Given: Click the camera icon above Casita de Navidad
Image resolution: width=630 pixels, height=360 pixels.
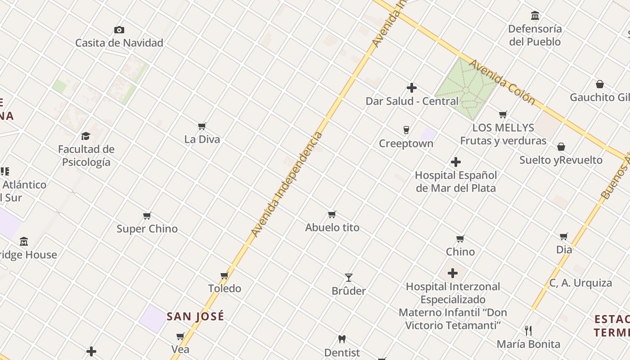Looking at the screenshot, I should coord(119,30).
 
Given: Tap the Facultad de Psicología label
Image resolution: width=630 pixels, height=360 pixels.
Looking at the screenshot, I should coord(86,156).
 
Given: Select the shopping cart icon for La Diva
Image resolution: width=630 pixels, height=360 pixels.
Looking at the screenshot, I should coord(202,126).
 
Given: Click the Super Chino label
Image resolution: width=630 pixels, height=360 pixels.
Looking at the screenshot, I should coord(147,229).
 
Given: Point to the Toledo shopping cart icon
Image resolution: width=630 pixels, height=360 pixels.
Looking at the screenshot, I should coord(225,275).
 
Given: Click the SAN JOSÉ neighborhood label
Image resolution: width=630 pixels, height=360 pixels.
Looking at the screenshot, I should coord(195,316).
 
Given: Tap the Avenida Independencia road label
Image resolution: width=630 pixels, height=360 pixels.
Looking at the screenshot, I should coord(287,184).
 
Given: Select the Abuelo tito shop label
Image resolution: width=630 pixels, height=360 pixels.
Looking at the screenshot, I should coord(332,228).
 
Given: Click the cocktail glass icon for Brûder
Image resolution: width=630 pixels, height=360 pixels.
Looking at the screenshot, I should coord(348,278).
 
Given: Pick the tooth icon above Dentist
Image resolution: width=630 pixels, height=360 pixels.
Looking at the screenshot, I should coord(342,339).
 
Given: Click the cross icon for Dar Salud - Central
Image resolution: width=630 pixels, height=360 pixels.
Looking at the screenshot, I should coord(412,88).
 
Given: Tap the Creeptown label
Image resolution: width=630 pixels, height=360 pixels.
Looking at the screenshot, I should coord(406,144).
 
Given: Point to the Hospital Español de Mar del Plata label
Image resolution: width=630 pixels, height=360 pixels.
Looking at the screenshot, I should coord(456,181).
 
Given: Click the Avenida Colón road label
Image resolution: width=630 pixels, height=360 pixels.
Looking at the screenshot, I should coord(502,82).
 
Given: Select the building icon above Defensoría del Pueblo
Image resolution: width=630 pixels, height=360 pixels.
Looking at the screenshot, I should coord(535,16).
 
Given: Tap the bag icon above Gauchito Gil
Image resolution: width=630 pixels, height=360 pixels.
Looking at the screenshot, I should coord(600,84).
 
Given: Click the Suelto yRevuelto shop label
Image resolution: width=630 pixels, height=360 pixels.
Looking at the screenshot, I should coord(561,160).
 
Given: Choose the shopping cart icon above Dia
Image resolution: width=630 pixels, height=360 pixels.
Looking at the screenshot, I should coord(564,237).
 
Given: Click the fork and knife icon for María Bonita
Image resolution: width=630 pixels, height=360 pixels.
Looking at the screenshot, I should coord(529,331).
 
